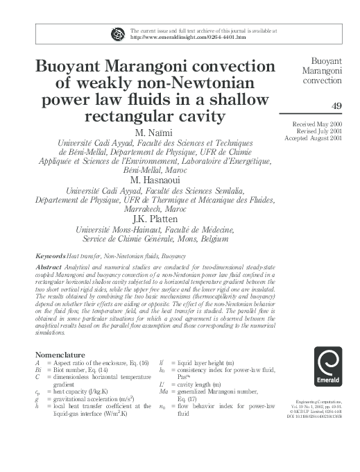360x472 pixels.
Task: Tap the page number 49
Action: point(336,105)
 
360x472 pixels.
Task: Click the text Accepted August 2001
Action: point(315,139)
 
